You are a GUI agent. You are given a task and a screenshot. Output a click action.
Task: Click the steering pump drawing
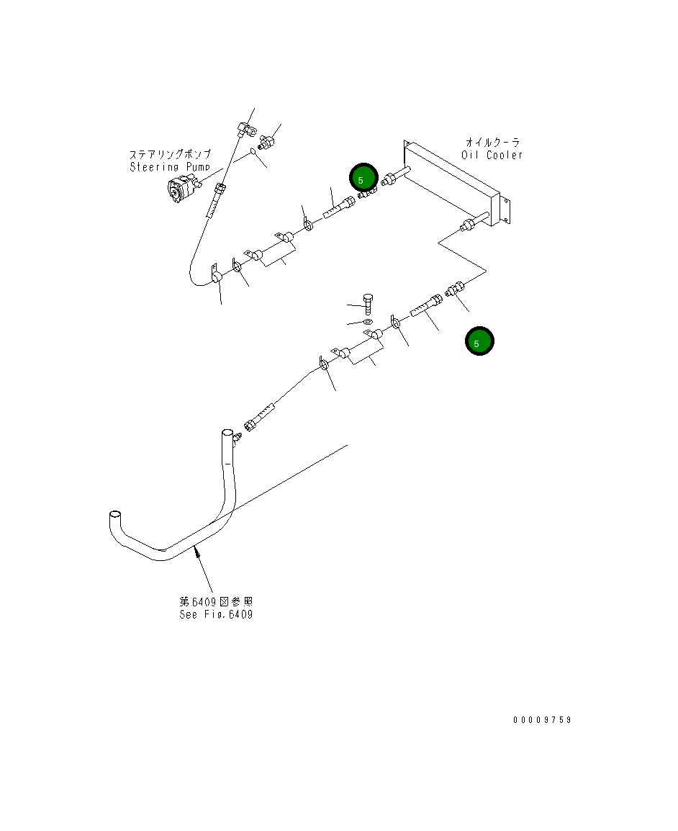click(x=184, y=189)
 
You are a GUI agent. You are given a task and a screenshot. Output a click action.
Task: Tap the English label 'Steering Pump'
click(x=170, y=167)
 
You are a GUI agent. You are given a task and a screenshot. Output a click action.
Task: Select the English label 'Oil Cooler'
click(x=492, y=156)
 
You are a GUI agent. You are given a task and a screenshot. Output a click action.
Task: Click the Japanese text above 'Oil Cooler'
click(x=492, y=142)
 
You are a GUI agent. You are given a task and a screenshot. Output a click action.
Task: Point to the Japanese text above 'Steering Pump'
click(x=171, y=154)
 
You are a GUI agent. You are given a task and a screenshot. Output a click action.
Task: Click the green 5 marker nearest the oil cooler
click(x=363, y=178)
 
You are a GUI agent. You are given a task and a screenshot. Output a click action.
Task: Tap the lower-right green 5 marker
click(x=479, y=341)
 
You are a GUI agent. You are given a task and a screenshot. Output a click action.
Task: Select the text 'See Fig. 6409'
click(x=216, y=615)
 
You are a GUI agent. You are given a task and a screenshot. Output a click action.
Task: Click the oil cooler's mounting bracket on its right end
click(x=505, y=210)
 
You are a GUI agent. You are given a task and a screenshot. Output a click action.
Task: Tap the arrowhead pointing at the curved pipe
click(x=198, y=553)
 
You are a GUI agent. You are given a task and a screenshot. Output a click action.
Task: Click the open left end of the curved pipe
click(x=115, y=515)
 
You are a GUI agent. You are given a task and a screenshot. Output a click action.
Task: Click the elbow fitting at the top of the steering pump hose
click(x=245, y=128)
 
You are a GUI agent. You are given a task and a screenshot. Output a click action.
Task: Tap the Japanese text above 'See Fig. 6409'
click(x=216, y=602)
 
